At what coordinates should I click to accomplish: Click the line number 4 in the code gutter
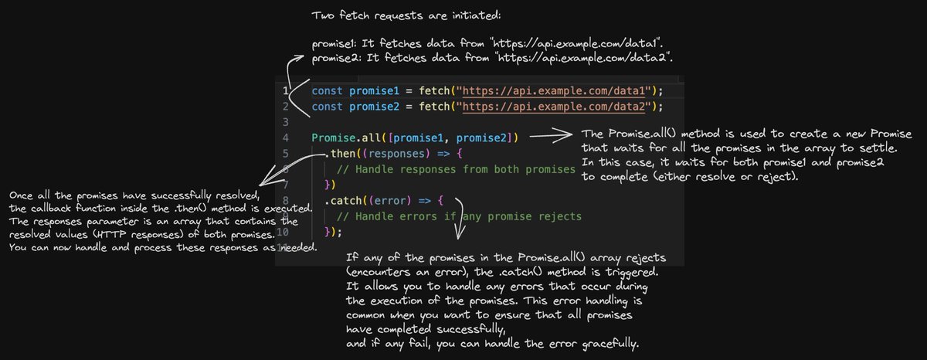286,138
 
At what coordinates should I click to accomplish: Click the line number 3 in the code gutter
286,122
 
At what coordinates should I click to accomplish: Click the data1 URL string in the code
555,90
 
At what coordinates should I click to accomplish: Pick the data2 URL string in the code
555,106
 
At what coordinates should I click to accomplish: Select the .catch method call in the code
342,201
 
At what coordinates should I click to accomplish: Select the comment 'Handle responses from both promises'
457,169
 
